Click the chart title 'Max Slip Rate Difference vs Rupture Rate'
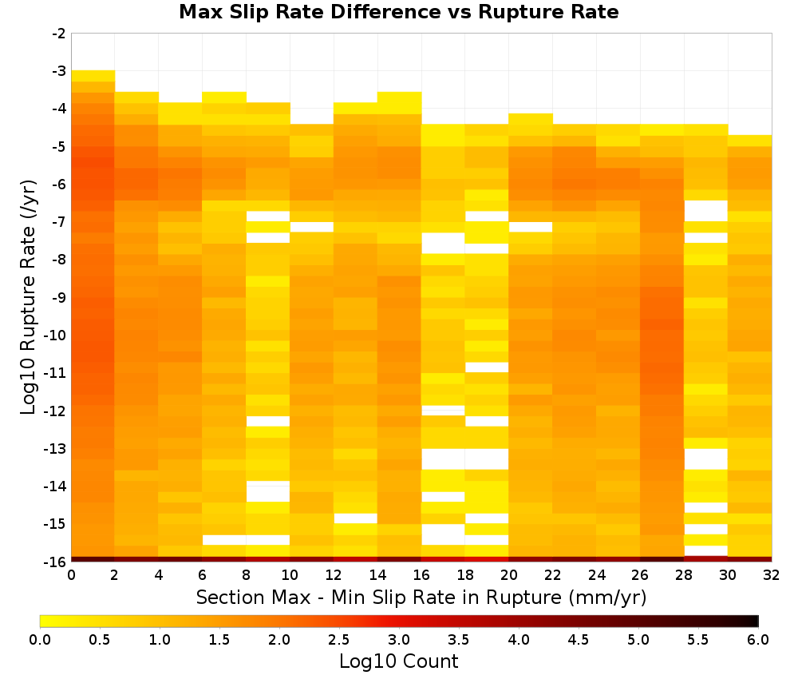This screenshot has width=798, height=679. (398, 11)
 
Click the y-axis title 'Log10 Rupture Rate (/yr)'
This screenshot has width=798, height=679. (29, 297)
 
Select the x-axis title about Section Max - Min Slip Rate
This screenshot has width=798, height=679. (421, 597)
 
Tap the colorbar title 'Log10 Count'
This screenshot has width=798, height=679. (398, 661)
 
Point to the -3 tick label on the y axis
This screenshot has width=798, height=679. (59, 71)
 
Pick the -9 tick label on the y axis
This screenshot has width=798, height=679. (59, 297)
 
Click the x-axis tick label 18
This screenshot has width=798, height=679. (465, 575)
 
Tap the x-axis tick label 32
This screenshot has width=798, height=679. (772, 575)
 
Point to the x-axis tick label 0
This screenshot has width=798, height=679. (71, 575)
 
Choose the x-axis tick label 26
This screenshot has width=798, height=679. (640, 575)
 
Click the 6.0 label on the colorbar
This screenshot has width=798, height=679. (758, 639)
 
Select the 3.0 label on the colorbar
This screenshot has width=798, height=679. (399, 639)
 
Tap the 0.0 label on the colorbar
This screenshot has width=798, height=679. (40, 639)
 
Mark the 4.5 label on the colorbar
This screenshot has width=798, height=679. (578, 639)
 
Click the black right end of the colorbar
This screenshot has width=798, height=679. (756, 621)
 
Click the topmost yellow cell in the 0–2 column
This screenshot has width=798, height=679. (93, 76)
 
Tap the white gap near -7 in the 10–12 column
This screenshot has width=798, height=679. (312, 227)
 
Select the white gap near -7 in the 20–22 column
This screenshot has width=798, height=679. (531, 227)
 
